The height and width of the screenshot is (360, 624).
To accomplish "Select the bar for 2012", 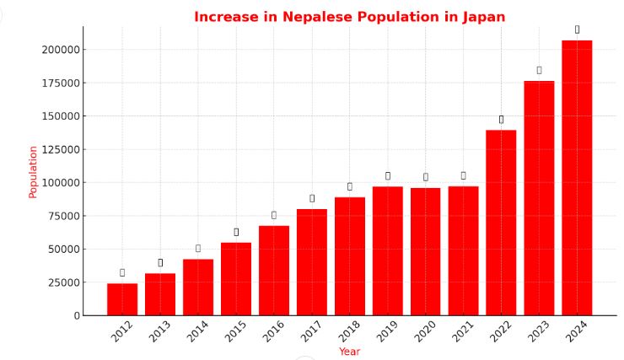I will (122, 299).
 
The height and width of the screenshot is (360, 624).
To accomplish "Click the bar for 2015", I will (236, 279).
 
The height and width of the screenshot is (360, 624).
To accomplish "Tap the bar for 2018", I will (350, 256).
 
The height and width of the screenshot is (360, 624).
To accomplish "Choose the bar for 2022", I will (501, 223).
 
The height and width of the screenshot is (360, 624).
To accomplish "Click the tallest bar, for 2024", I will (577, 178).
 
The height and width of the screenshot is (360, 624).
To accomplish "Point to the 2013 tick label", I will (160, 331).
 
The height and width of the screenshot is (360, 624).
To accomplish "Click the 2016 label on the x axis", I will (274, 331).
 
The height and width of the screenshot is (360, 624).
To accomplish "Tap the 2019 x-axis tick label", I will (388, 331).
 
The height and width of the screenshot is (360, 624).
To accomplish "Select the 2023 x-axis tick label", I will (540, 331).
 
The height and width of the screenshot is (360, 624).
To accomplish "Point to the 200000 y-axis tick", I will (61, 50).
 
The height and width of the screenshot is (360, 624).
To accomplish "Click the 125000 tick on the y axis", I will (61, 149).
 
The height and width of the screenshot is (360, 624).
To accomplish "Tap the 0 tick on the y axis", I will (77, 315).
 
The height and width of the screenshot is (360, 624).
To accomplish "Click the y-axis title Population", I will (33, 172).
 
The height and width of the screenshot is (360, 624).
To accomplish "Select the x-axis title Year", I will (349, 351).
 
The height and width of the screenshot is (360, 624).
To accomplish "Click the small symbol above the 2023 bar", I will (539, 70).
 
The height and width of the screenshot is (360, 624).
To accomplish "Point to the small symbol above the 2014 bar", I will (198, 248).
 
